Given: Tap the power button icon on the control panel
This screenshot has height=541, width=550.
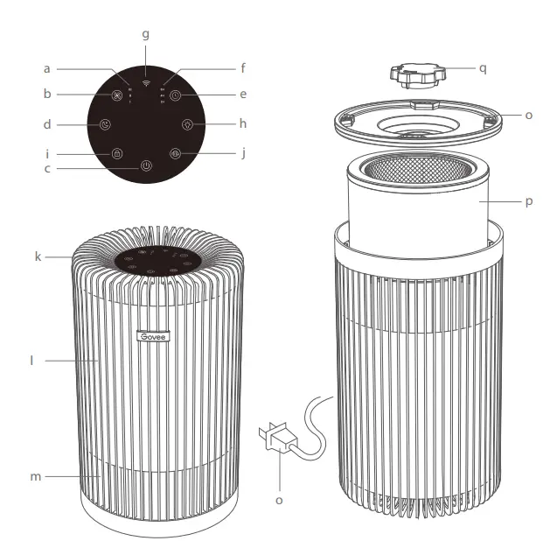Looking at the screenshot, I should point(145,166).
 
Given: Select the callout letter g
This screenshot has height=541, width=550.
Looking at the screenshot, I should point(145,35).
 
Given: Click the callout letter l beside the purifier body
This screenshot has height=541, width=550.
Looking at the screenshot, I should point(32,359).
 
